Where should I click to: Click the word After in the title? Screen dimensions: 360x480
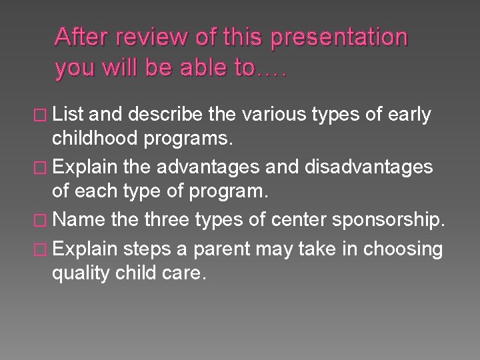click(x=84, y=38)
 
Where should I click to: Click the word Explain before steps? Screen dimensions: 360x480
click(x=84, y=249)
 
